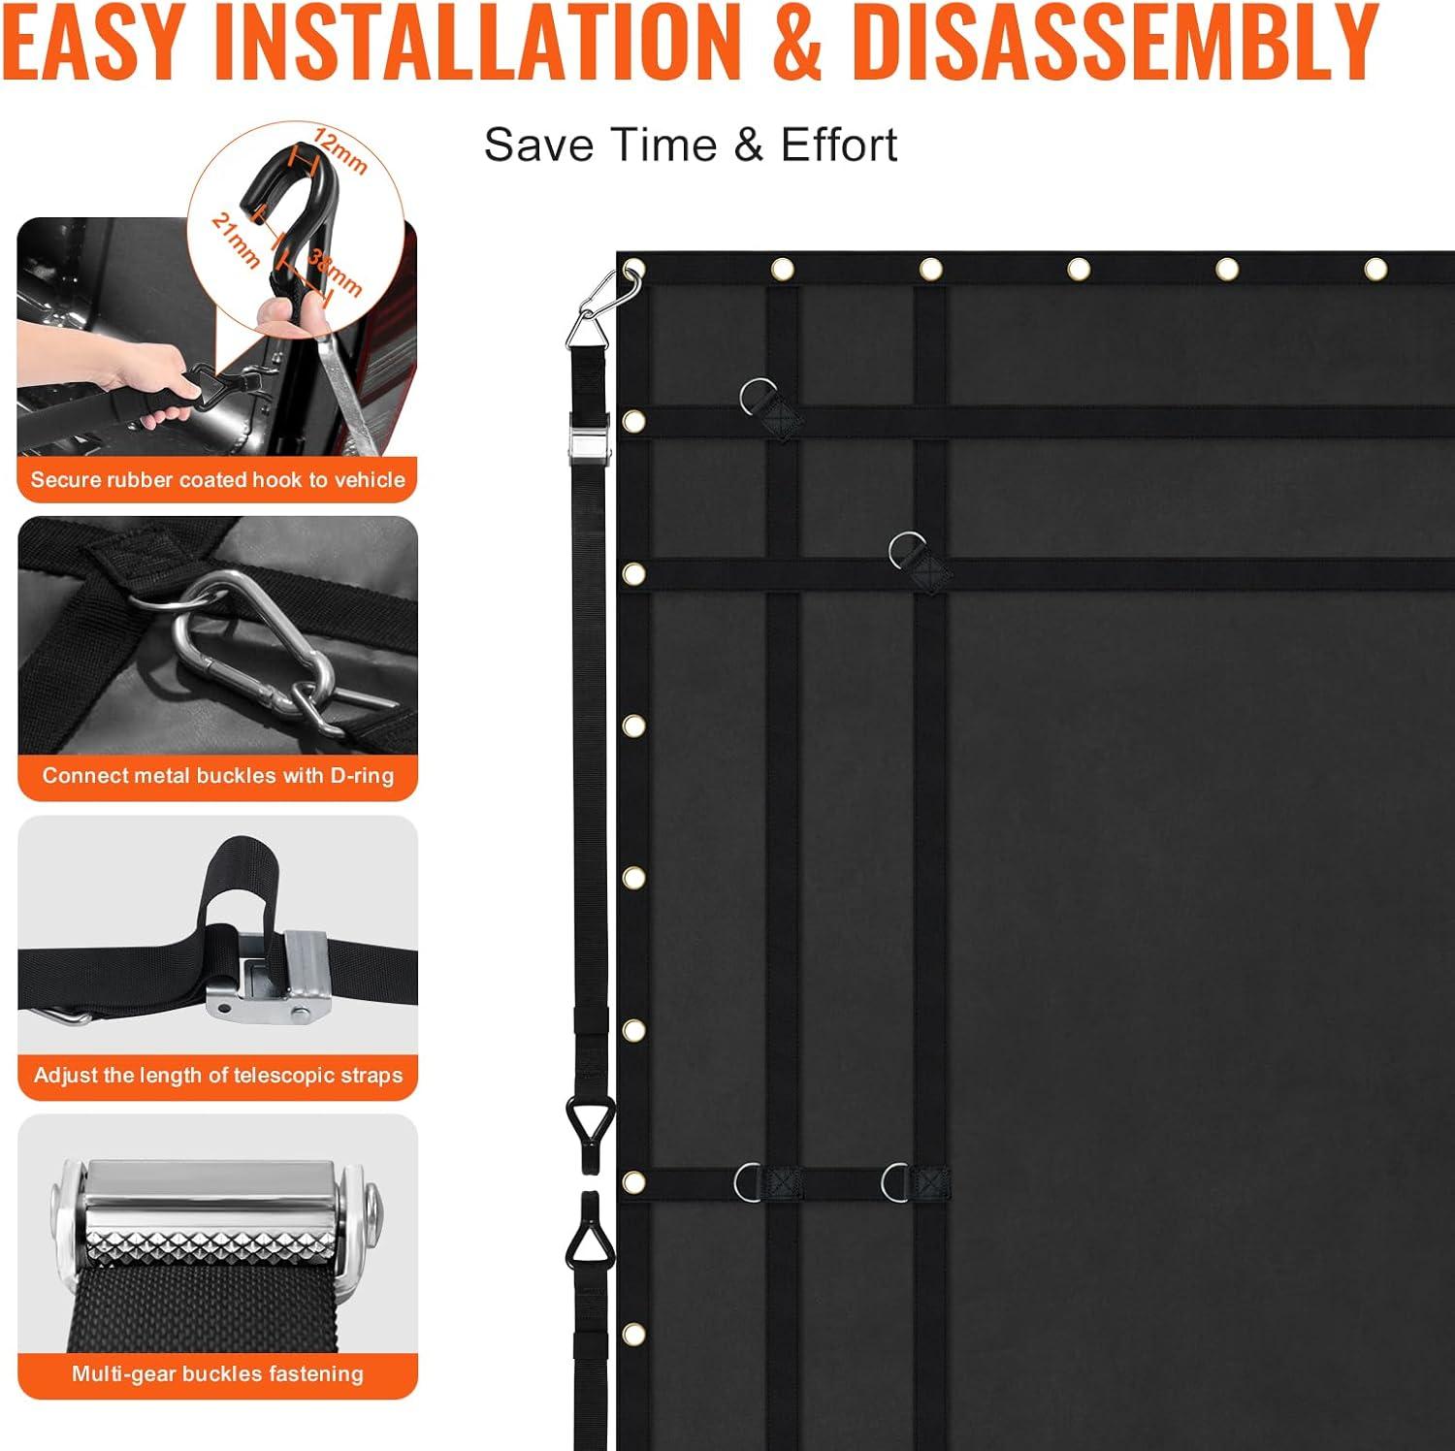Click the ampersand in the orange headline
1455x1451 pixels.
click(798, 43)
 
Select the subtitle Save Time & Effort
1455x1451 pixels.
click(691, 145)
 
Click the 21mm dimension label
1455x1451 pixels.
click(236, 241)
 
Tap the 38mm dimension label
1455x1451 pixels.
click(336, 273)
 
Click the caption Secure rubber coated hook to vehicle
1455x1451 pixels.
click(218, 479)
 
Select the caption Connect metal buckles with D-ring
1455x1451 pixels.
click(218, 776)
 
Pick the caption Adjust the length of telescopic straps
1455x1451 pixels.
click(218, 1075)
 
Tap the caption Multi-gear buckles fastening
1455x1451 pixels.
click(218, 1373)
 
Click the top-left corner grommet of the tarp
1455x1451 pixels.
click(633, 268)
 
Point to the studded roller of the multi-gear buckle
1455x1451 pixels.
click(217, 1232)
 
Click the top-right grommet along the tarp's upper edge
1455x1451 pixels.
click(1375, 269)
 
